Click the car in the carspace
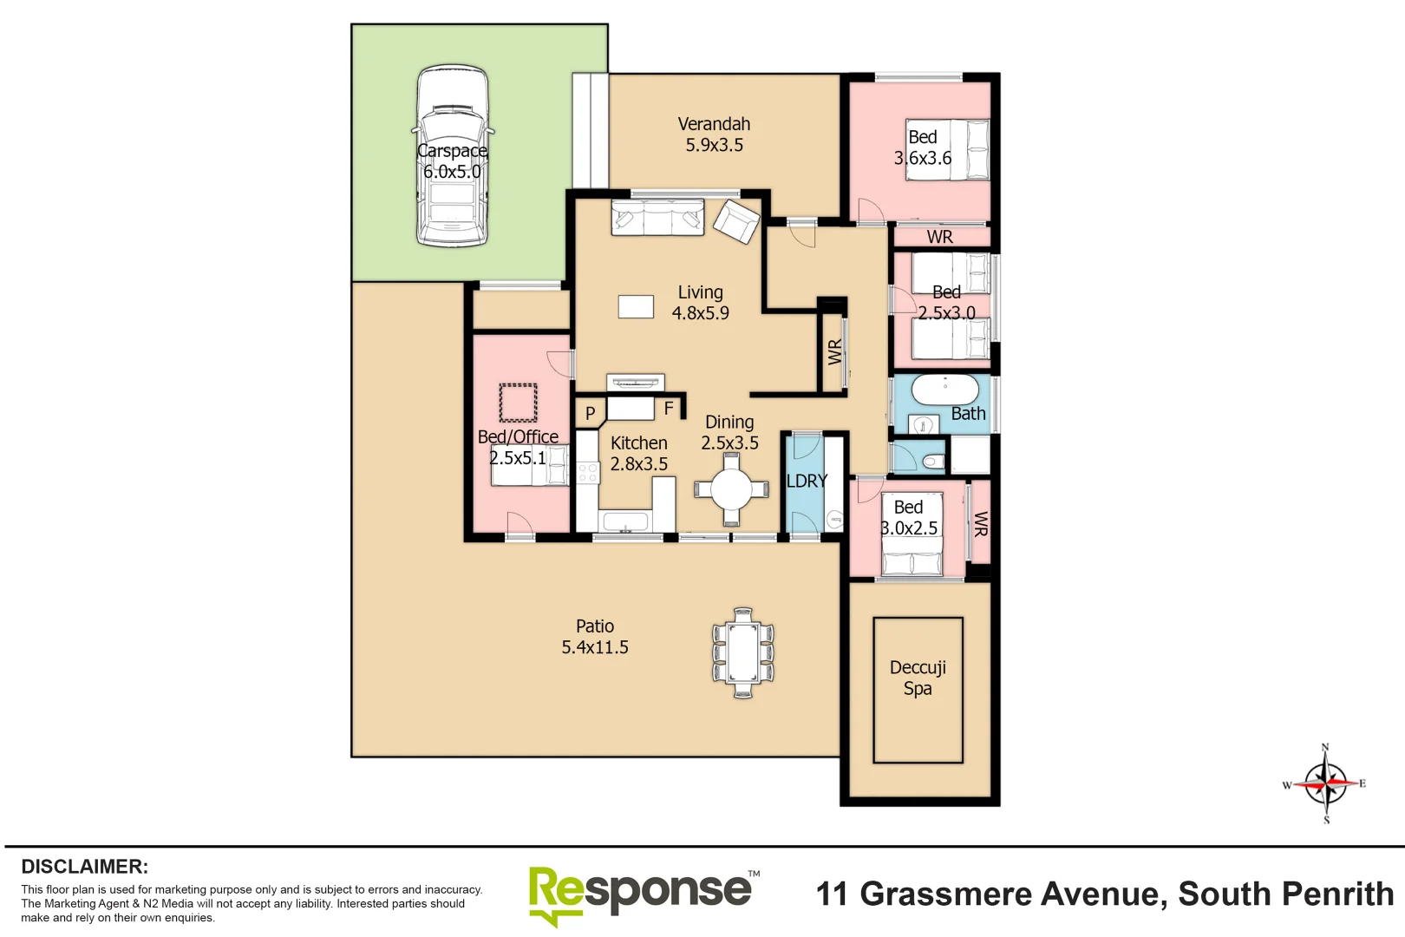point(451,156)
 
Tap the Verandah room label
point(714,124)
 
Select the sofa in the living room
point(657,217)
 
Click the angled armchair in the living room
point(736,221)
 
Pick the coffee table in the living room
point(636,306)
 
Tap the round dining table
point(731,489)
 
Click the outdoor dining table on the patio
point(743,652)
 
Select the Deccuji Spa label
point(918,678)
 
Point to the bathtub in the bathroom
point(944,390)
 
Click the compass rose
point(1325,783)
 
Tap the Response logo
point(642,894)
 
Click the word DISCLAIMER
point(84,867)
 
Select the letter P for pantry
point(590,413)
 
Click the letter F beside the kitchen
point(669,408)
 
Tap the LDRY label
point(807,481)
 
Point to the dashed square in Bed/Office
point(518,403)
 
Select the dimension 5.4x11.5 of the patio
point(595,647)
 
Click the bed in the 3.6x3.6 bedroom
point(947,150)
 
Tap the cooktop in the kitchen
point(588,473)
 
